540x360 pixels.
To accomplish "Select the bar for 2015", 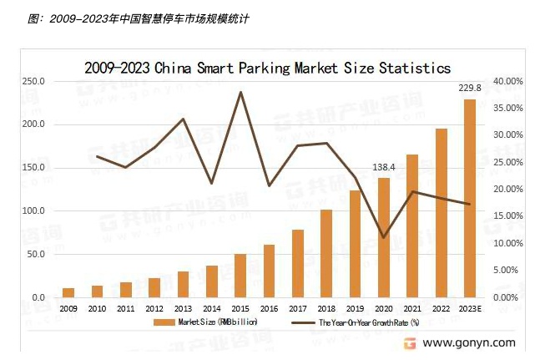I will [x=240, y=276].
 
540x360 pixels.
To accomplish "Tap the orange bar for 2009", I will [x=68, y=292].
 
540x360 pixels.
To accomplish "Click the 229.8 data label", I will [x=470, y=88].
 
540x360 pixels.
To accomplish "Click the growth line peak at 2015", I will [x=240, y=92].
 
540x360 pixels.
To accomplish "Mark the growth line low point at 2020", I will [x=384, y=238].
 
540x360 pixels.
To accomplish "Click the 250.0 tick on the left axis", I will [x=33, y=82].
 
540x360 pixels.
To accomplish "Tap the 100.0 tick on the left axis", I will [x=33, y=211].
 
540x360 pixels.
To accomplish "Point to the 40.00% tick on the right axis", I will [x=507, y=82].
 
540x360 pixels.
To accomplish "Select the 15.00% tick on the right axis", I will [x=507, y=216].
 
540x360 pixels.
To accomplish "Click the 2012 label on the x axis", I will [x=154, y=308].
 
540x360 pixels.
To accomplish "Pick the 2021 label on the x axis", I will [x=412, y=308].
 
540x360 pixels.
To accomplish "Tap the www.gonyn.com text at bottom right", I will [x=469, y=342].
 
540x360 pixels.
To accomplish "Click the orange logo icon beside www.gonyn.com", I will [x=410, y=342].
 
